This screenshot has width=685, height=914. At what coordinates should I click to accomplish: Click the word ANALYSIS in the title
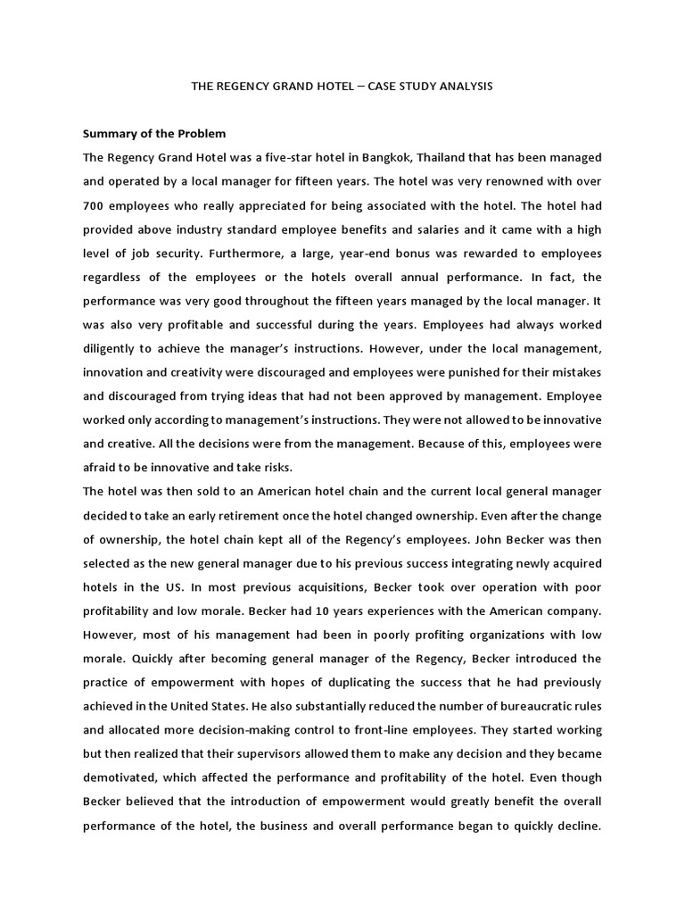(x=460, y=87)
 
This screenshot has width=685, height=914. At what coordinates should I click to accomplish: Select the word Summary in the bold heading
(x=109, y=134)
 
